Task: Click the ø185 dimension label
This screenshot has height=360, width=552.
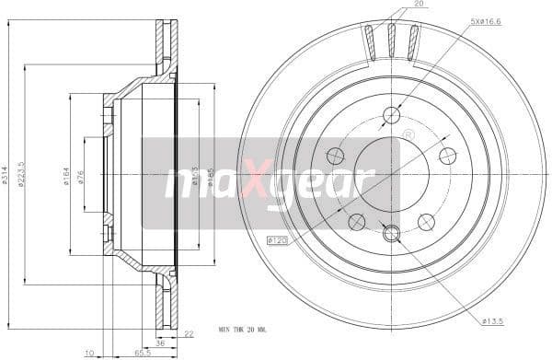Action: [209, 175]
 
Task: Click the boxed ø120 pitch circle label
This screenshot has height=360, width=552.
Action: [279, 240]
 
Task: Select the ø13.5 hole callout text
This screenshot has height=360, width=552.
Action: [495, 320]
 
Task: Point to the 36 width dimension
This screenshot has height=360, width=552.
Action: [159, 343]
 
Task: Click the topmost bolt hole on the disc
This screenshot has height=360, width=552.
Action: [392, 114]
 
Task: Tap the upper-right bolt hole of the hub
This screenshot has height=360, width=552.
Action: [448, 155]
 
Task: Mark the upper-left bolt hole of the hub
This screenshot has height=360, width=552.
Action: [336, 155]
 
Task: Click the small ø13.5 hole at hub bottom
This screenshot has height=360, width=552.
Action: [392, 234]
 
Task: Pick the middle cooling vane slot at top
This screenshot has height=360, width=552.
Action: [391, 41]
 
